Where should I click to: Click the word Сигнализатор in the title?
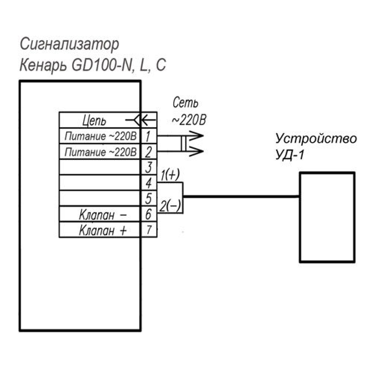[70, 45]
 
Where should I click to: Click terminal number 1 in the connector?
[148, 137]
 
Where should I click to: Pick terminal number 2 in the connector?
[148, 152]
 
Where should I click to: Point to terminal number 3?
[148, 168]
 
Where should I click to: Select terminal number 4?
[148, 183]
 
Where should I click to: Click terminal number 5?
[148, 199]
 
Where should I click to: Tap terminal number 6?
[148, 215]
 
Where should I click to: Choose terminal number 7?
[148, 230]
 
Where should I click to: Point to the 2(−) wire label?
[170, 206]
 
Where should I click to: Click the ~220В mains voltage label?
[189, 119]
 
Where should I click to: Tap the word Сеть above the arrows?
[186, 103]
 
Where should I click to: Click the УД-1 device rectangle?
[327, 217]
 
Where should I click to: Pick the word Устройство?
[316, 139]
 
